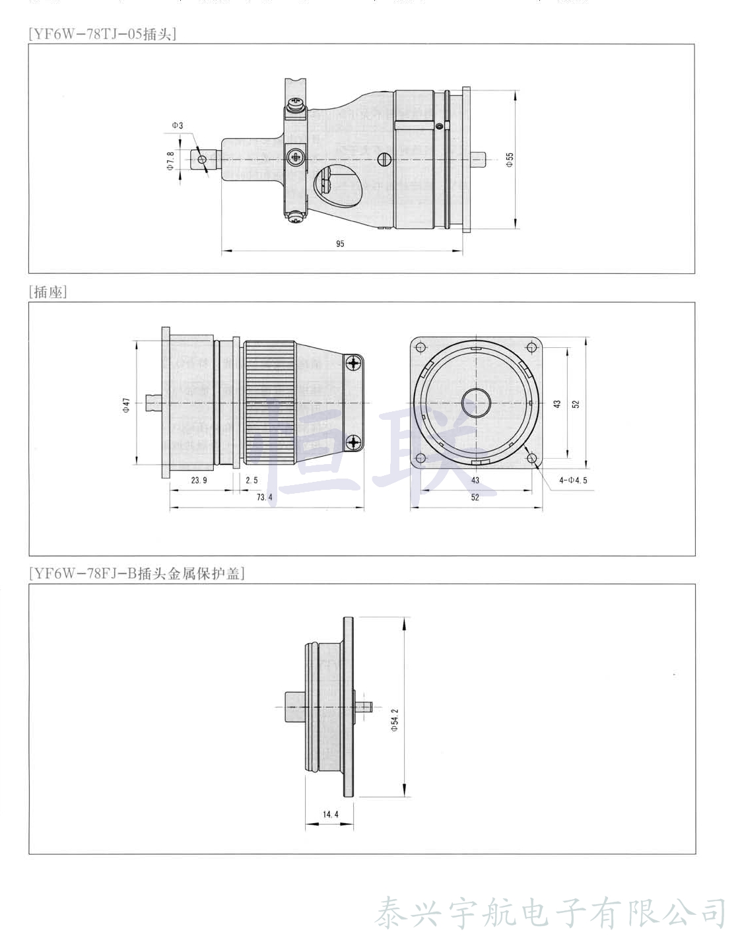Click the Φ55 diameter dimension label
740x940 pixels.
510,159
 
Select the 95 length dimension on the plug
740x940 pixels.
340,244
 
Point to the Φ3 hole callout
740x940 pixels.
178,125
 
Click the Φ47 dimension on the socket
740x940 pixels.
125,404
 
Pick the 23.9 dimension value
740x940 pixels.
199,480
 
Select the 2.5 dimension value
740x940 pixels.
252,480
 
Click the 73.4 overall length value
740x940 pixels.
264,497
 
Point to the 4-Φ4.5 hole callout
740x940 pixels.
573,480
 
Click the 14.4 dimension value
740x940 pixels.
330,814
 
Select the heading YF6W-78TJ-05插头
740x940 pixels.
102,34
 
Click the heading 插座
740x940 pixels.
48,292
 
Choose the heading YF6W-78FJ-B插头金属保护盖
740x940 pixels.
137,573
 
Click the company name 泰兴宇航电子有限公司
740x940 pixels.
551,913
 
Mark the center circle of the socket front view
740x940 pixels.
476,403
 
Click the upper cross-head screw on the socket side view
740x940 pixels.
354,362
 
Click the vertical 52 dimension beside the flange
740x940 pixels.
576,403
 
